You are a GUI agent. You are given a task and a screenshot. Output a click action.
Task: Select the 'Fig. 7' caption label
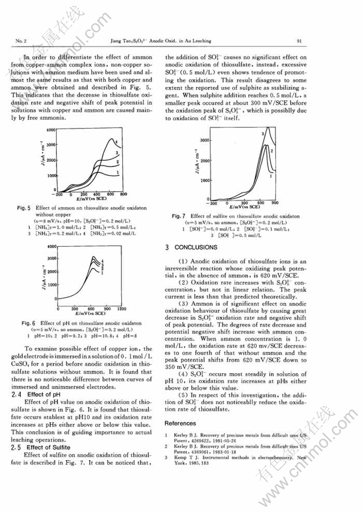coord(177,216)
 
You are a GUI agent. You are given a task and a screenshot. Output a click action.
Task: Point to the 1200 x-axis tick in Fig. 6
coord(121,309)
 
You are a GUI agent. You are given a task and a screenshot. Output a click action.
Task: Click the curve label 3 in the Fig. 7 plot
coord(262,133)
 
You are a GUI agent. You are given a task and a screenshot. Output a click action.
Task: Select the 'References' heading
coord(181,423)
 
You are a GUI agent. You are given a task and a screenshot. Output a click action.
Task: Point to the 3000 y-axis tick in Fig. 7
coord(203,140)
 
